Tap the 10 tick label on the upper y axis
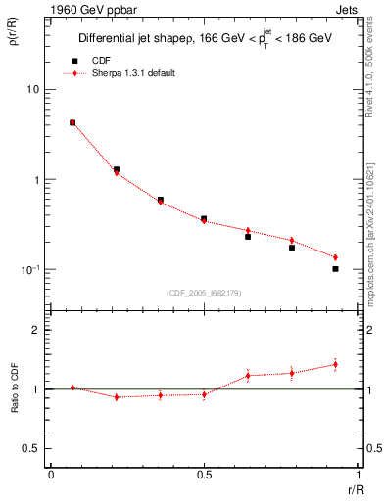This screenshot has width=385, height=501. tap(33, 90)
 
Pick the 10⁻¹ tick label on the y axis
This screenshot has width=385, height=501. tap(31, 269)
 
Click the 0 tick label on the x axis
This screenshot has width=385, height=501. tap(50, 474)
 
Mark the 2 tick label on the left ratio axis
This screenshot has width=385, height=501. tap(38, 331)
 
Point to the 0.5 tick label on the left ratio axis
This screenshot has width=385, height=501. tap(33, 449)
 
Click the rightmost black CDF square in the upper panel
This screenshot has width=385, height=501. tap(335, 268)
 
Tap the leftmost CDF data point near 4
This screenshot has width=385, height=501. tap(72, 123)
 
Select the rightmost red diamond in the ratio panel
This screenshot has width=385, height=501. tap(335, 364)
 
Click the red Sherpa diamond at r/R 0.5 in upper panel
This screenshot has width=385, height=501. tap(204, 221)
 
